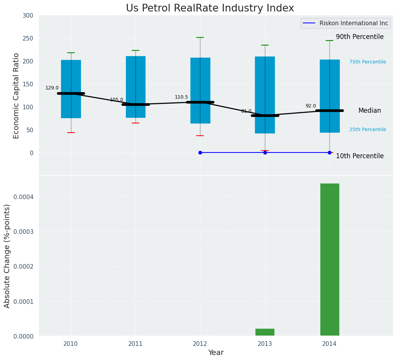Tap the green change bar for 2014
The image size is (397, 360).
pos(329,259)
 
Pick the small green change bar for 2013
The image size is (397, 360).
pos(265,332)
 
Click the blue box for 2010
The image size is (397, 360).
pos(71,73)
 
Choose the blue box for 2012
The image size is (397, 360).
pos(200,76)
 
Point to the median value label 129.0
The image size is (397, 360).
pos(52,88)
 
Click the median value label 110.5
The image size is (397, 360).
pos(181,97)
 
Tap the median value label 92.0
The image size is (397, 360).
pos(311,106)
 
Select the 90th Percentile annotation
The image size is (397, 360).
pos(360,37)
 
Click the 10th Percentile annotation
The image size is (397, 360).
pos(360,156)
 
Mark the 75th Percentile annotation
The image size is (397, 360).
pos(367,62)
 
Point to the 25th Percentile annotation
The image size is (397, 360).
pos(367,130)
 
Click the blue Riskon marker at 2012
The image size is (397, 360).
pos(200,152)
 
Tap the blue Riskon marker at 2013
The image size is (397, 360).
pos(265,152)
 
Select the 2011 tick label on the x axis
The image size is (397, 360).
pos(136,344)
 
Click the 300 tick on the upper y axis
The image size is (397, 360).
pos(28,15)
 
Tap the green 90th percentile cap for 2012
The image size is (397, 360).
pos(200,37)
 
